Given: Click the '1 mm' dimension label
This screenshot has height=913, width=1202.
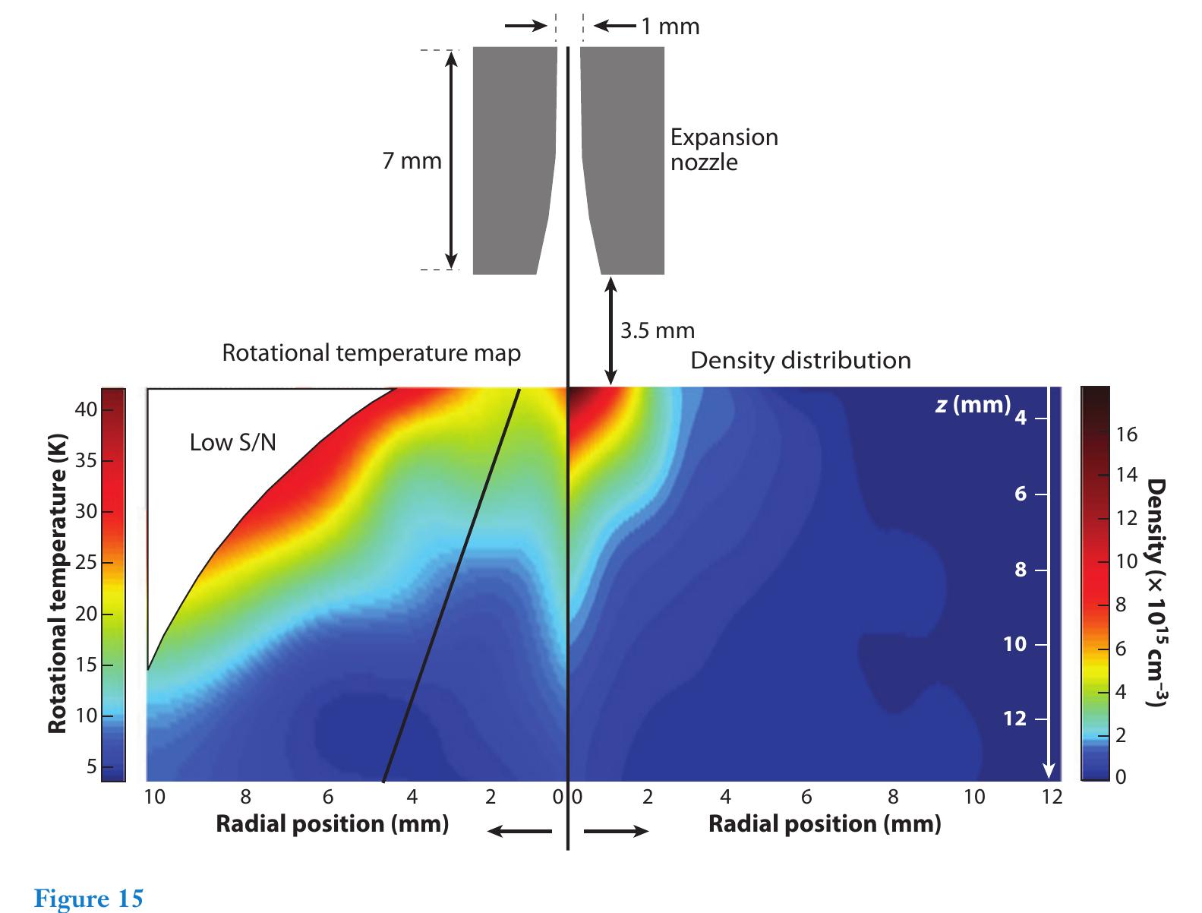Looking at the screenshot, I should (x=669, y=27).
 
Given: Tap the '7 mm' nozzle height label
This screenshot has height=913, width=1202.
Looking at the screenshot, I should (x=412, y=161).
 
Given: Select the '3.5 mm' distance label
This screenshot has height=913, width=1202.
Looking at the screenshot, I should (x=657, y=330).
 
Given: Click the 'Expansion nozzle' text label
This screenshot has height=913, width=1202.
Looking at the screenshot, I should (x=724, y=150).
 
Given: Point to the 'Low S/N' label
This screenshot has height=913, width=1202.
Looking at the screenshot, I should (x=232, y=442).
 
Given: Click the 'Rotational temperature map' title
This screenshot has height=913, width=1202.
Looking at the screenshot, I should (x=371, y=353).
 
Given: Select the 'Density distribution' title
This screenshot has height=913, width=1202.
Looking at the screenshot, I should (x=800, y=360).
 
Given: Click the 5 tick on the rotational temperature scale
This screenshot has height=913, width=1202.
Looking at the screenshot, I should (x=92, y=766).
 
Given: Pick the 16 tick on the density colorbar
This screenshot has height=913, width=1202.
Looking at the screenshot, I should (x=1127, y=434).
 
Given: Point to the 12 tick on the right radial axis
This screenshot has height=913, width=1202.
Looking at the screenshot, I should (x=1052, y=797).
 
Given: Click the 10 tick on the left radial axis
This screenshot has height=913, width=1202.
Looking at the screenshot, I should (x=154, y=797).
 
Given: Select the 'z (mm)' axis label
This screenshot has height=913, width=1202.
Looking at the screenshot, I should (x=972, y=404).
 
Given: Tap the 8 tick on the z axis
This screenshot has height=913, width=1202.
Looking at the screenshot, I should (x=1021, y=569).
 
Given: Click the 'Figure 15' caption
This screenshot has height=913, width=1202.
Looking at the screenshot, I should (x=89, y=899).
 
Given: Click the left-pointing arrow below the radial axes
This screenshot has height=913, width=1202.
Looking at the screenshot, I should (x=519, y=831).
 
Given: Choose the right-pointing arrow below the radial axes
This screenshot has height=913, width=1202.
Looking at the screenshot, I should (x=616, y=831).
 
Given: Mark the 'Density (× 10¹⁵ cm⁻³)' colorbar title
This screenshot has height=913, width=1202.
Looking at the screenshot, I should (x=1155, y=592).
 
